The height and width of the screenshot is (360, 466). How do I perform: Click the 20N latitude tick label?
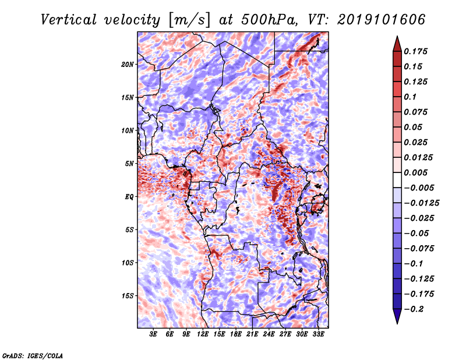tap(128, 64)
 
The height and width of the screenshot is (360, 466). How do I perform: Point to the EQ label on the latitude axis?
tap(129, 197)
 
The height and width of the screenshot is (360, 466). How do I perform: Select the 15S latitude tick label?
tap(128, 296)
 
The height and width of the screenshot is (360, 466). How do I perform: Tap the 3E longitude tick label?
tap(153, 334)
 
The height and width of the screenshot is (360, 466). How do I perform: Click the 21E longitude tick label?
tap(252, 334)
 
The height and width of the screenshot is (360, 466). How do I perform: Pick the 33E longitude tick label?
tap(318, 334)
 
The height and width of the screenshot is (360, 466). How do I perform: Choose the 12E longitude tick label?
tap(202, 334)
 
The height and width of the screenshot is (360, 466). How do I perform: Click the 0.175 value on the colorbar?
tap(415, 51)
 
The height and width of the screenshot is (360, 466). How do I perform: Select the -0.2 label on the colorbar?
tap(414, 309)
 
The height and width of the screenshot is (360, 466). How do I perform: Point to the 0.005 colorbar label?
tap(415, 172)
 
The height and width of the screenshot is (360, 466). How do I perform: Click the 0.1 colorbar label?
tap(410, 97)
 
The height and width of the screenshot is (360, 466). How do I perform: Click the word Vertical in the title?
tap(69, 20)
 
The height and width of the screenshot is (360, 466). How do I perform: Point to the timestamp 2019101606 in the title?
tap(381, 20)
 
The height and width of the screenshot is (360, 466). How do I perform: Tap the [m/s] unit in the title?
tap(189, 20)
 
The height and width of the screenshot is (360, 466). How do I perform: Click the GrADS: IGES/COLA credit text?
tap(33, 355)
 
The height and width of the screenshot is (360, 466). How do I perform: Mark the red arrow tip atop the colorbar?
tap(397, 37)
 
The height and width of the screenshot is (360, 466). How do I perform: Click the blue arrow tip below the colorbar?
tap(397, 323)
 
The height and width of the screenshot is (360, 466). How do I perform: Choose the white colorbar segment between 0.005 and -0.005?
tap(397, 180)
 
